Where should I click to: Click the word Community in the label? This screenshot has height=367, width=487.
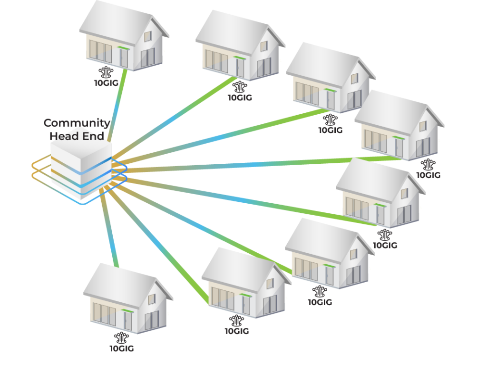(77, 123)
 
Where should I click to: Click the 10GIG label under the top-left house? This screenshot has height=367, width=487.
(106, 83)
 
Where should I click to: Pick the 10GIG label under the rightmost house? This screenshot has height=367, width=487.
(429, 175)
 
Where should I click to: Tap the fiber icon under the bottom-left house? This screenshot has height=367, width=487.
(121, 337)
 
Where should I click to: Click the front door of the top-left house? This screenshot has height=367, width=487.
(124, 58)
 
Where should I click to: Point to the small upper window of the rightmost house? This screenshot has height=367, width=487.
(423, 126)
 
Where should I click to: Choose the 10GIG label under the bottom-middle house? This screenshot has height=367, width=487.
(237, 331)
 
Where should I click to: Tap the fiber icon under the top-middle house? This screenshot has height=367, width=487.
(240, 87)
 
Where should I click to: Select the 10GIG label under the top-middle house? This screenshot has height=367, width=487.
(240, 98)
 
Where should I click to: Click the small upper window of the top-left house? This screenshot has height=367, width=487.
(148, 36)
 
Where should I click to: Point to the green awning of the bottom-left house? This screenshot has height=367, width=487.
(127, 311)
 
